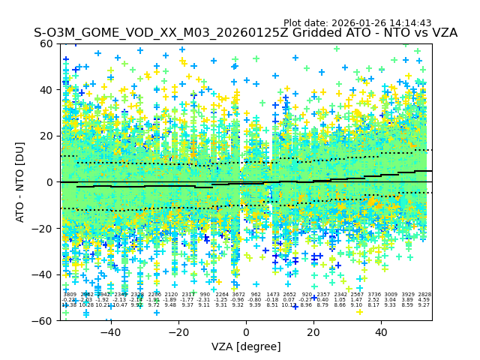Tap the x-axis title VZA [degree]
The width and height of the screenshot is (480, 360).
(246, 346)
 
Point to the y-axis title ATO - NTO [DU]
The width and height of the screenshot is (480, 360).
(21, 182)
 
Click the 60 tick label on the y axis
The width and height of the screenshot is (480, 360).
(47, 43)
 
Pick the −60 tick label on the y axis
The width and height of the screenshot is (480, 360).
(44, 320)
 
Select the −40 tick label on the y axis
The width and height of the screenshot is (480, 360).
(44, 274)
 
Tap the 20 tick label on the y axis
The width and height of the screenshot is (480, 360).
(47, 136)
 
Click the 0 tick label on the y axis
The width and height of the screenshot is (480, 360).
(50, 182)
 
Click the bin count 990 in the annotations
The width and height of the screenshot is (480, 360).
(205, 295)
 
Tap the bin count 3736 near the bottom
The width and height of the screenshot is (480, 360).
(373, 295)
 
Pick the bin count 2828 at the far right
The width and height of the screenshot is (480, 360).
(424, 295)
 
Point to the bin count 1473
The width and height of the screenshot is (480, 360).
(272, 295)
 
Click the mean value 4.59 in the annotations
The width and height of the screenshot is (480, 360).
(424, 300)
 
